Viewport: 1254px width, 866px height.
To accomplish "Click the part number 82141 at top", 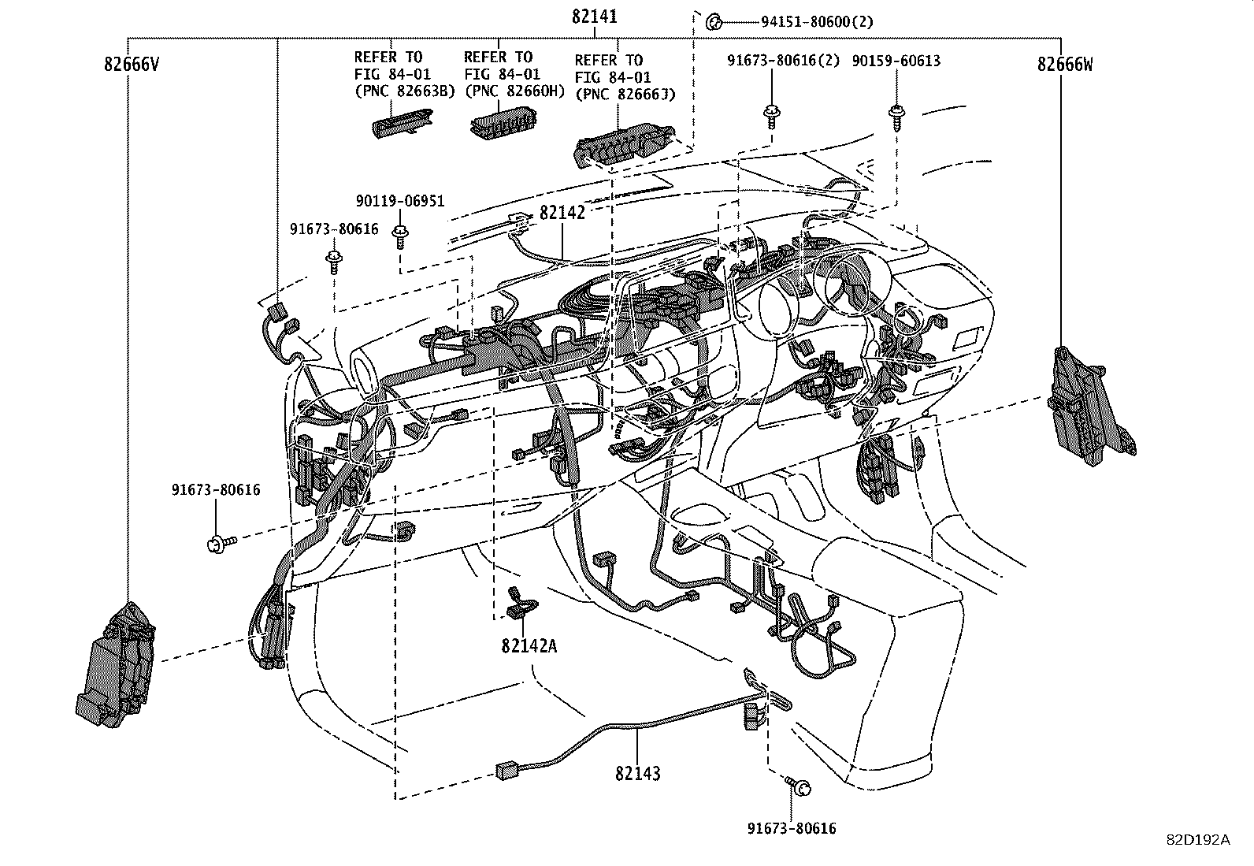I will tap(595, 17).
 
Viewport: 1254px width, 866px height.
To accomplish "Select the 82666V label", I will tap(131, 65).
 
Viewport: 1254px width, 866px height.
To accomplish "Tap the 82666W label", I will tap(1065, 65).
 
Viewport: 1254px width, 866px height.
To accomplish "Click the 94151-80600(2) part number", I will tap(817, 22).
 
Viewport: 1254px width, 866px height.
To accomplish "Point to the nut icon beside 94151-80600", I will tap(714, 21).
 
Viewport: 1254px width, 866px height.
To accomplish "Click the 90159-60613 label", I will tap(896, 61).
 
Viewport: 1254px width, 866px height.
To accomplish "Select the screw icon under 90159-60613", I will tap(896, 115).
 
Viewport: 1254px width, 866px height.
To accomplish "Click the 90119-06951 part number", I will tap(399, 202).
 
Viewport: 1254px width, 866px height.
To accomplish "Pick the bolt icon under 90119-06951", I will tap(401, 233).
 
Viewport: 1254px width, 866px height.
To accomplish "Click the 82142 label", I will tap(562, 213).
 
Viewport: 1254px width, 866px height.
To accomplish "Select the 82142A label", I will tap(529, 646).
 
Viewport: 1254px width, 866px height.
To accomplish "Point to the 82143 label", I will tap(638, 774).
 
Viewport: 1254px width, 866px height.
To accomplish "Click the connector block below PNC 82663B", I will tap(402, 123).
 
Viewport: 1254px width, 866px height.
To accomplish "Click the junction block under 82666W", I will tap(1091, 403).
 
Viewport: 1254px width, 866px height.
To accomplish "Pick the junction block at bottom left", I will tap(118, 663).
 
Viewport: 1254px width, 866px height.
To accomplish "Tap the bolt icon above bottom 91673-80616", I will tap(800, 786).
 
